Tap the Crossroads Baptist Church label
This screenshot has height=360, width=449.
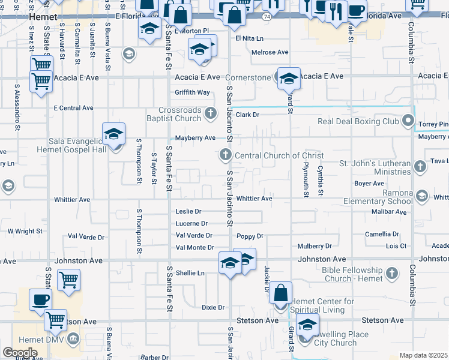180,114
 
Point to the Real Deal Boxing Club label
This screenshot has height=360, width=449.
358,121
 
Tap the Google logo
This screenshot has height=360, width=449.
20,352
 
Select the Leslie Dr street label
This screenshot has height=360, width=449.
188,211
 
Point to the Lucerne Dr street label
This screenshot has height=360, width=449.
191,223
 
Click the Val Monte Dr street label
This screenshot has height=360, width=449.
194,247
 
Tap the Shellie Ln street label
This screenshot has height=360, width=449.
190,272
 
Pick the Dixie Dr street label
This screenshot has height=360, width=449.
213,307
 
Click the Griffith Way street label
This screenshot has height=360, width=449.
192,92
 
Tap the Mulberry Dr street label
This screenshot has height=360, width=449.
315,246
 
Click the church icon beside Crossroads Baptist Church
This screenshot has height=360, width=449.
211,112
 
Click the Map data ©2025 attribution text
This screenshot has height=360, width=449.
424,355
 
